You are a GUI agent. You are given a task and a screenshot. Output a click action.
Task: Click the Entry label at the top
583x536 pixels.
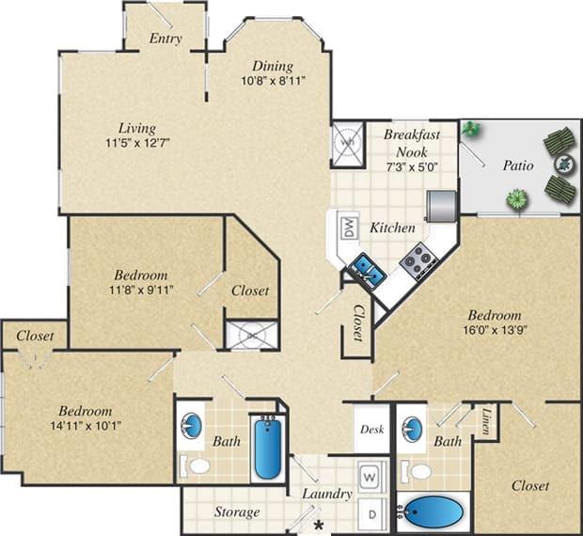[x=165, y=39]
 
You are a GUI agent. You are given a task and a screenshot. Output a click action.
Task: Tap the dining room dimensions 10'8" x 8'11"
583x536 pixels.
[x=272, y=82]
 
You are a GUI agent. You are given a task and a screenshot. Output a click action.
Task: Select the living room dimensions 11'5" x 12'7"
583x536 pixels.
[x=137, y=144]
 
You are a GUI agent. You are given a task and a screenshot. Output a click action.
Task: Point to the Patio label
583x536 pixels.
[x=516, y=166]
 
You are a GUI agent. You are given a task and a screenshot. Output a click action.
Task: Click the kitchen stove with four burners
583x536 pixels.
[x=418, y=260]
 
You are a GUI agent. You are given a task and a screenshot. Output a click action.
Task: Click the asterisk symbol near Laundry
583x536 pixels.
[x=319, y=524]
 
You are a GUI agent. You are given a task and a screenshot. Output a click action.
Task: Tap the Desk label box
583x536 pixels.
[x=371, y=429]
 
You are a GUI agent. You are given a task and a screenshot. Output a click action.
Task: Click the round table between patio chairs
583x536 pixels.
[x=563, y=164]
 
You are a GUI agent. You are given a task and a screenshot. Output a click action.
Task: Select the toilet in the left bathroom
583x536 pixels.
[x=197, y=465]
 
